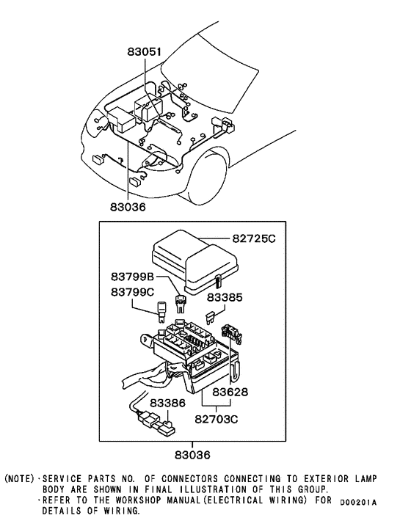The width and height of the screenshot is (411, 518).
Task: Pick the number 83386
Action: tap(169, 404)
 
